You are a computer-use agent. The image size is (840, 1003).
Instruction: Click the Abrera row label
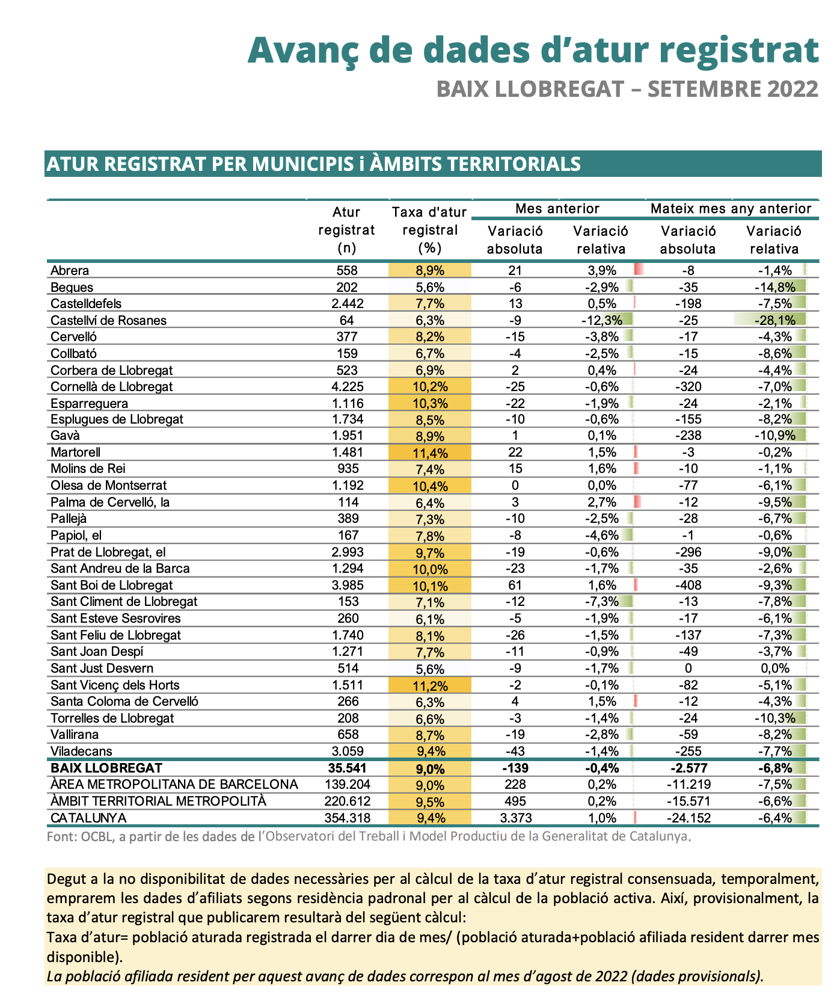tap(70, 271)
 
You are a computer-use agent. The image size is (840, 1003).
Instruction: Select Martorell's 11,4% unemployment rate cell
tap(431, 453)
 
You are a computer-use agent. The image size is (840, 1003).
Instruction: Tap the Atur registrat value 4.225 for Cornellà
tap(346, 387)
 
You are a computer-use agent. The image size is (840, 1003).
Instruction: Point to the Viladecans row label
tap(81, 751)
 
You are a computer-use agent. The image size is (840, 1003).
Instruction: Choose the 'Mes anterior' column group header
tap(557, 209)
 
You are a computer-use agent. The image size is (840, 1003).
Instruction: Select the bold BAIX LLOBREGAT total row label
tap(106, 768)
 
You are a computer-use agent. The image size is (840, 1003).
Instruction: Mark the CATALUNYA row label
tap(88, 818)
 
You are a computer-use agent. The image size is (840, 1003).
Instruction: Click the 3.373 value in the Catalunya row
tap(515, 818)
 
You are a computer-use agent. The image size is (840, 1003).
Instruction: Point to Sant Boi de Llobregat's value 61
tap(515, 585)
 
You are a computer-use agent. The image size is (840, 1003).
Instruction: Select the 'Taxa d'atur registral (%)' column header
tap(429, 230)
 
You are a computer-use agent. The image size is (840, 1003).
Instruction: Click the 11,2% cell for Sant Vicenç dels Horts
tap(431, 685)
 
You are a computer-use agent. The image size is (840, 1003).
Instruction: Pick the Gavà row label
tap(65, 436)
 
